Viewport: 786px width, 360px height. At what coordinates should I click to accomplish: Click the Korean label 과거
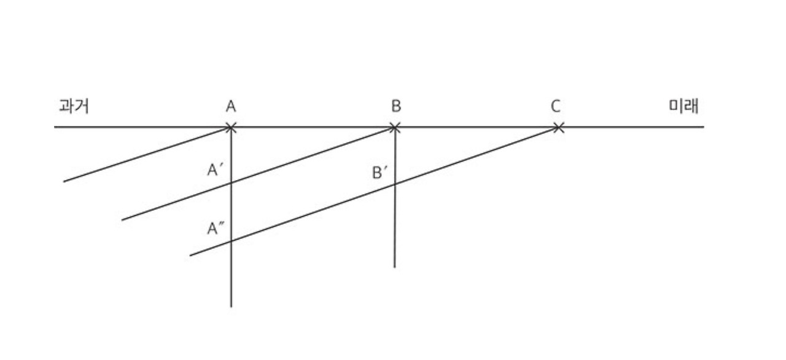click(74, 106)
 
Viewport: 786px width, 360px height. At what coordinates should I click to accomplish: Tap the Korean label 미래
click(683, 106)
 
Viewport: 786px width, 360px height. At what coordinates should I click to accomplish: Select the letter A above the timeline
click(231, 107)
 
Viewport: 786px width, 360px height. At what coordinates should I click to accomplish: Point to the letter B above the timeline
click(396, 107)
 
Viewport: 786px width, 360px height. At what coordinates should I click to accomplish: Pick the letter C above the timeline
click(555, 107)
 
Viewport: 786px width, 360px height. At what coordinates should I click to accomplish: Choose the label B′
click(381, 172)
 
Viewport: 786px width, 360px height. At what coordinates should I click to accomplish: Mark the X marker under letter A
click(231, 128)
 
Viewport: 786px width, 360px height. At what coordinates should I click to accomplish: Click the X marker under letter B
click(395, 128)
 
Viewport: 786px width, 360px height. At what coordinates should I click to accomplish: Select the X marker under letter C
click(558, 128)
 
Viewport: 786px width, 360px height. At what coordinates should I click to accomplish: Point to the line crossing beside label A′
click(231, 183)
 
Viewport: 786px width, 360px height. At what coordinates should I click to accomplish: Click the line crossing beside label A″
click(231, 241)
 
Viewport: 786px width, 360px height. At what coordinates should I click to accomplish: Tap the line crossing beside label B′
click(394, 184)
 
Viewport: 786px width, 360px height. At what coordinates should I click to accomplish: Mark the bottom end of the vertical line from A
click(231, 307)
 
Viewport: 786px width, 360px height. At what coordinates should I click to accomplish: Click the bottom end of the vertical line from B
click(394, 267)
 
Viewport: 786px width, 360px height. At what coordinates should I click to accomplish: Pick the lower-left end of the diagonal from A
click(64, 182)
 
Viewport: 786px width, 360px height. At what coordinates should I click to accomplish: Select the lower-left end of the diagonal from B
click(122, 220)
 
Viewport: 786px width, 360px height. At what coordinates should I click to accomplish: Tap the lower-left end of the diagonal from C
click(190, 256)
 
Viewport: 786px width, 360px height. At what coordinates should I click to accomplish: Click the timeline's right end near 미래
click(704, 127)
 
